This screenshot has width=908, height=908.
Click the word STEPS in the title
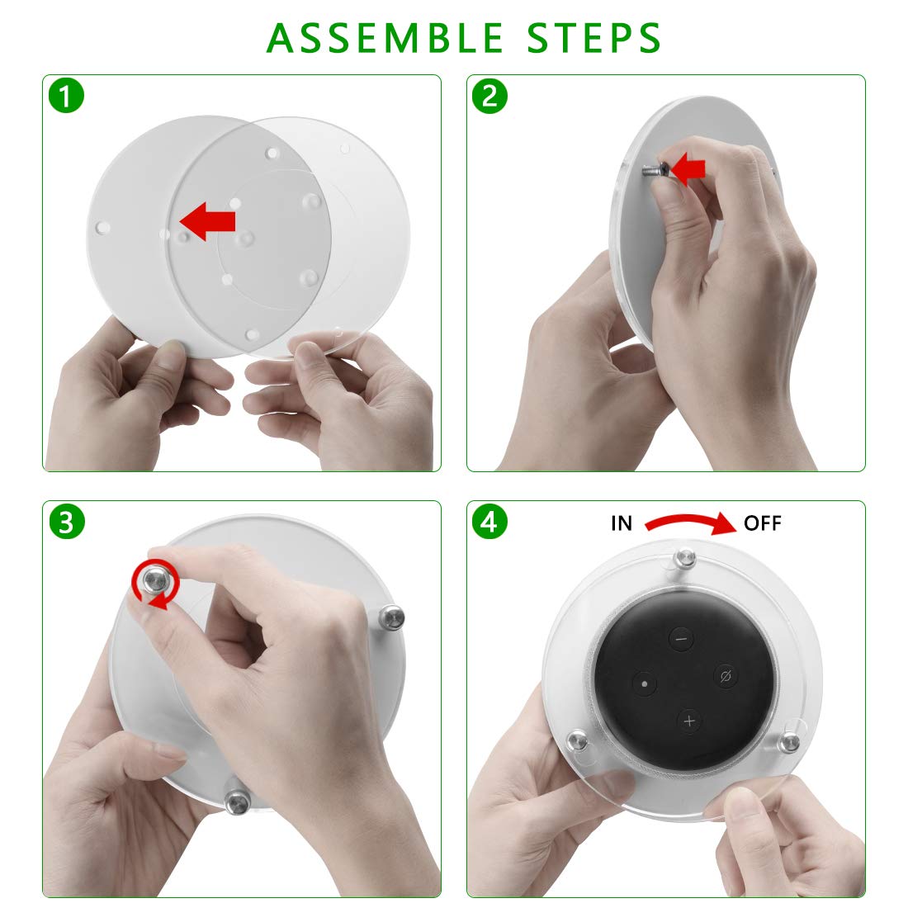(594, 38)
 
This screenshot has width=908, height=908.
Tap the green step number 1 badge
(67, 96)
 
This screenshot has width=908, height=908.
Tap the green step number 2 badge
(489, 96)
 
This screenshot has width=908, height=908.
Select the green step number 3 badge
(67, 521)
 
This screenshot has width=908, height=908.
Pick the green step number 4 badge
(489, 521)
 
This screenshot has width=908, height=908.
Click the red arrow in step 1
(208, 221)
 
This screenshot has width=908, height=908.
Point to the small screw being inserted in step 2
(654, 170)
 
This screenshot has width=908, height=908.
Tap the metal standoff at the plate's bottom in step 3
(238, 802)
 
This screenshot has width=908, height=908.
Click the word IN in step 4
(622, 523)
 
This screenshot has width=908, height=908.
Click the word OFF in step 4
(763, 523)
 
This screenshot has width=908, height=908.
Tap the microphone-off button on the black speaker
(726, 676)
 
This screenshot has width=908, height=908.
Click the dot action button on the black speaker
(645, 683)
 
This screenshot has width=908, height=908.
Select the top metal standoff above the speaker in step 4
(685, 559)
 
